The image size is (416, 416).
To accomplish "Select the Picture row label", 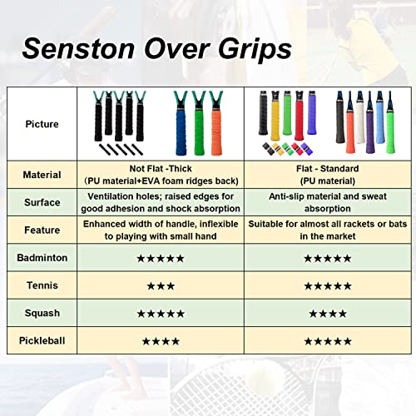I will coord(42,125).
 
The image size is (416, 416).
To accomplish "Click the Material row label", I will coord(42,175).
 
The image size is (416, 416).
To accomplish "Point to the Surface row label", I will coord(42,202).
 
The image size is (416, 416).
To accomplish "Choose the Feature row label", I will coord(42,230).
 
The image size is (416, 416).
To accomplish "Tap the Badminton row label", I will coord(42,258).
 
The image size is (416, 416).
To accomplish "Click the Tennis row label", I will coord(42,285).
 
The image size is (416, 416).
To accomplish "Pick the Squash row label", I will coord(42,313).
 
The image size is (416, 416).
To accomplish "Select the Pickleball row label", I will coord(42,340).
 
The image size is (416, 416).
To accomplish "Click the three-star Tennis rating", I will coord(161,285).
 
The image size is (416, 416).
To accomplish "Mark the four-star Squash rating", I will coord(328,313).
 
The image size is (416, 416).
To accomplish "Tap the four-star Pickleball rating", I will coord(161,340).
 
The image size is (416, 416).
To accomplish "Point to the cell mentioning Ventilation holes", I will coord(161,202).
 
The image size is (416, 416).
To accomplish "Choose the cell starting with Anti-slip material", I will coord(328,202).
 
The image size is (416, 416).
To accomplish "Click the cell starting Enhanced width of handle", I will coord(161,230).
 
